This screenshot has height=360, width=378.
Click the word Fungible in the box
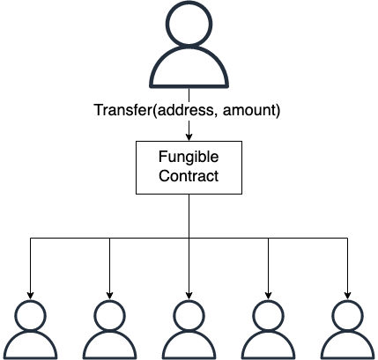189,158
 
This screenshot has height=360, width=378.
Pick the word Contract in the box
189,176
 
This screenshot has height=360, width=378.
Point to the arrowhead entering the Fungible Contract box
189,137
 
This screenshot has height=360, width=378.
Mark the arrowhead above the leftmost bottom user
31,296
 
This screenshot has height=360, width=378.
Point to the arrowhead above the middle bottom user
189,296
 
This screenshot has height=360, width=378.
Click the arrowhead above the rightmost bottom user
347,296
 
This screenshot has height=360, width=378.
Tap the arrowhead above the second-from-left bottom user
110,296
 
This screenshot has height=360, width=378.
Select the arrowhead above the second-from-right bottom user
268,296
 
